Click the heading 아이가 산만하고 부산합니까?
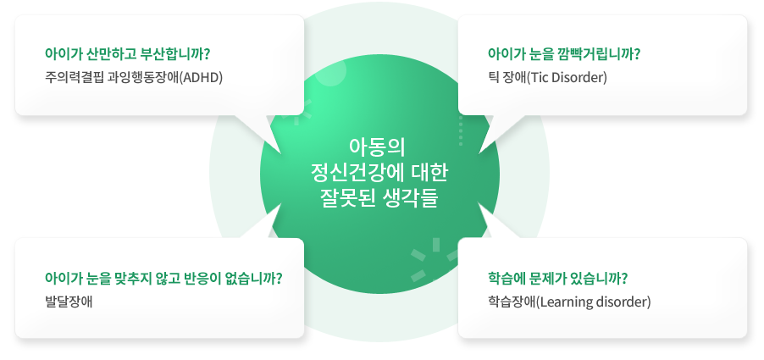(127, 53)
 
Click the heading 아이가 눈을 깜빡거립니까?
(564, 53)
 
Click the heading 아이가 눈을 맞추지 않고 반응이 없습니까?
(163, 279)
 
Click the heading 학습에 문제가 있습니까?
(557, 279)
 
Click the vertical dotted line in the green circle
(461, 130)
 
